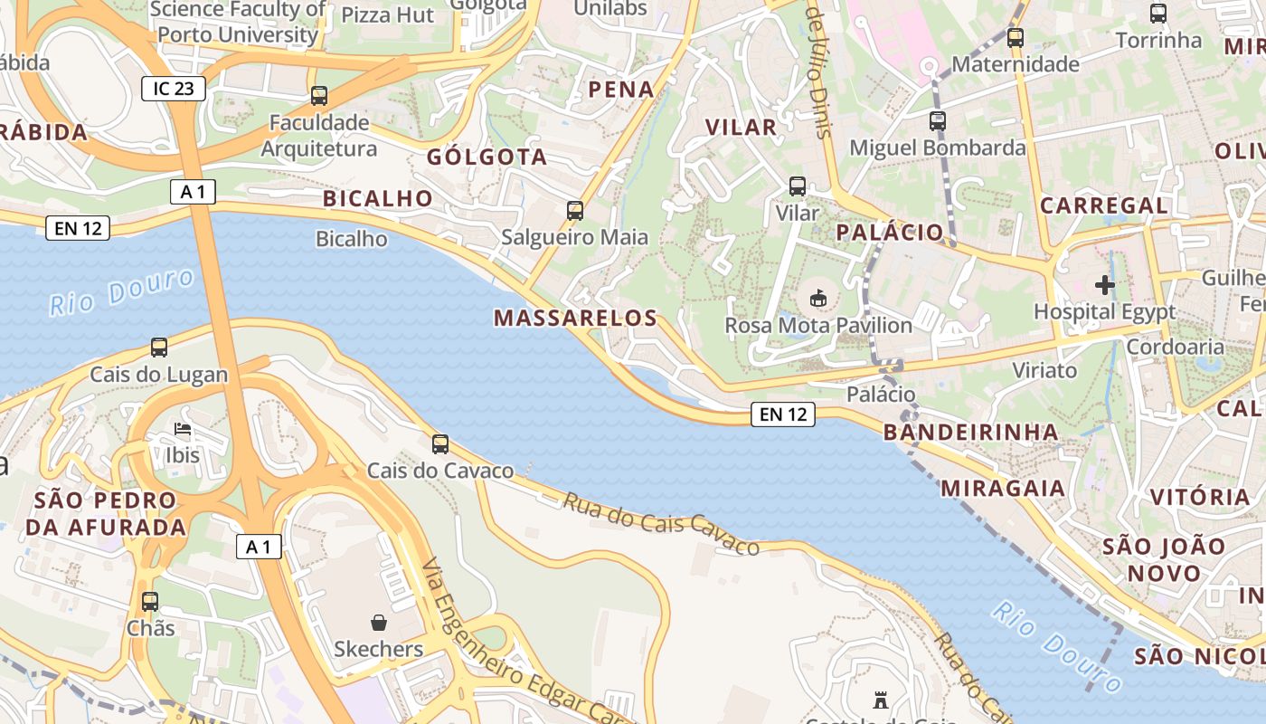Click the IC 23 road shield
[174, 89]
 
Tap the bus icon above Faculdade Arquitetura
[318, 96]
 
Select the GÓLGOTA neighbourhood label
[487, 157]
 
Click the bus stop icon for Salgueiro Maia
[574, 211]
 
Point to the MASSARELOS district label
[575, 318]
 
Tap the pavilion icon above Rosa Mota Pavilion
[818, 297]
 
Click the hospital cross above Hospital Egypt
[1104, 285]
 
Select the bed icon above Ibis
[183, 428]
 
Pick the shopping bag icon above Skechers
[379, 623]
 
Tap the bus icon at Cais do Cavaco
[440, 443]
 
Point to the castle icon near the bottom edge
[881, 700]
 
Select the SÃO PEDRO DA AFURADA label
[106, 513]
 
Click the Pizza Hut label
[388, 15]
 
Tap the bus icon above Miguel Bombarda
[938, 120]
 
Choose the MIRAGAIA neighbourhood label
[1004, 489]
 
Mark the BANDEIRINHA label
[970, 432]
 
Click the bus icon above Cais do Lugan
[159, 348]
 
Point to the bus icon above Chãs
[150, 602]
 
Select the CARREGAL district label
[1103, 205]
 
